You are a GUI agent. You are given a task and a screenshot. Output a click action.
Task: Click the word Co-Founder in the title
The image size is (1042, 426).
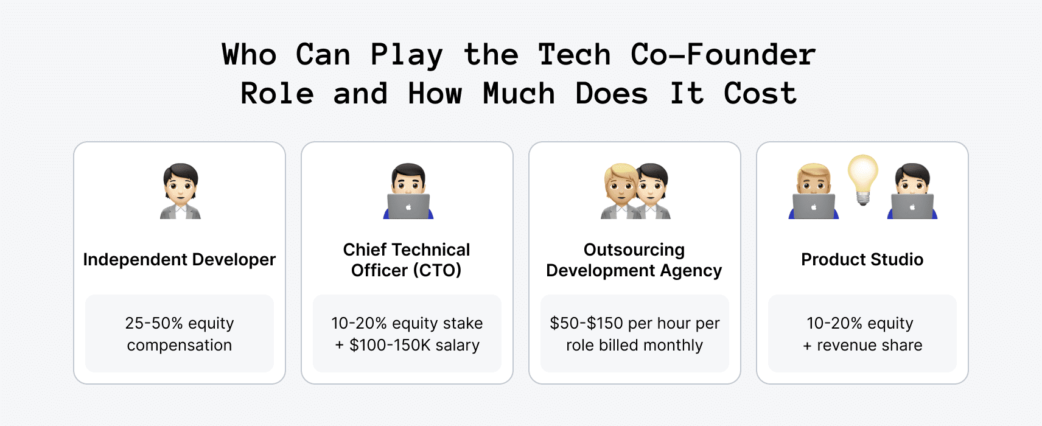click(723, 55)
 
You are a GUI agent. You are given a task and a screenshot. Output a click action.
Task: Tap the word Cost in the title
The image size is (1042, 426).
click(760, 94)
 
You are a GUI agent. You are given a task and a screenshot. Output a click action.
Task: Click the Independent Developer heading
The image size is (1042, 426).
click(180, 260)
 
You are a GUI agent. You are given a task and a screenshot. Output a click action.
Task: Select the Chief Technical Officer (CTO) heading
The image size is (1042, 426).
click(407, 260)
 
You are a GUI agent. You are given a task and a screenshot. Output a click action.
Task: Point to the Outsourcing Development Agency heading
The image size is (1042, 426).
click(634, 260)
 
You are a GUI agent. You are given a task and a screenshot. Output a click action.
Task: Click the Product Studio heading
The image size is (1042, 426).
click(862, 260)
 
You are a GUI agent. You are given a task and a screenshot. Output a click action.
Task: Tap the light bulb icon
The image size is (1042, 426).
click(863, 179)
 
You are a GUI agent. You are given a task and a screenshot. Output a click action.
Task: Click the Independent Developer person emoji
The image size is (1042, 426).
click(180, 190)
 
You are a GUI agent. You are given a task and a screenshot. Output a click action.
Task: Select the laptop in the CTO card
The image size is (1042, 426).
click(408, 206)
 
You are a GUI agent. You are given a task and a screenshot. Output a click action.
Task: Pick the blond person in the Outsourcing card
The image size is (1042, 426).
click(620, 191)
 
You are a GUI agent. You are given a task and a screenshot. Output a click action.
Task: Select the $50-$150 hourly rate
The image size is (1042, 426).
click(586, 323)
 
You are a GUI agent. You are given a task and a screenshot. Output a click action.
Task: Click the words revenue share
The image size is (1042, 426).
click(869, 346)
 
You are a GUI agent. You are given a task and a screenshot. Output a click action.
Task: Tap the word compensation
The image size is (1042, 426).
click(180, 346)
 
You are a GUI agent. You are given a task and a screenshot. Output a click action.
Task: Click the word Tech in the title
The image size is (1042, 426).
click(574, 55)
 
